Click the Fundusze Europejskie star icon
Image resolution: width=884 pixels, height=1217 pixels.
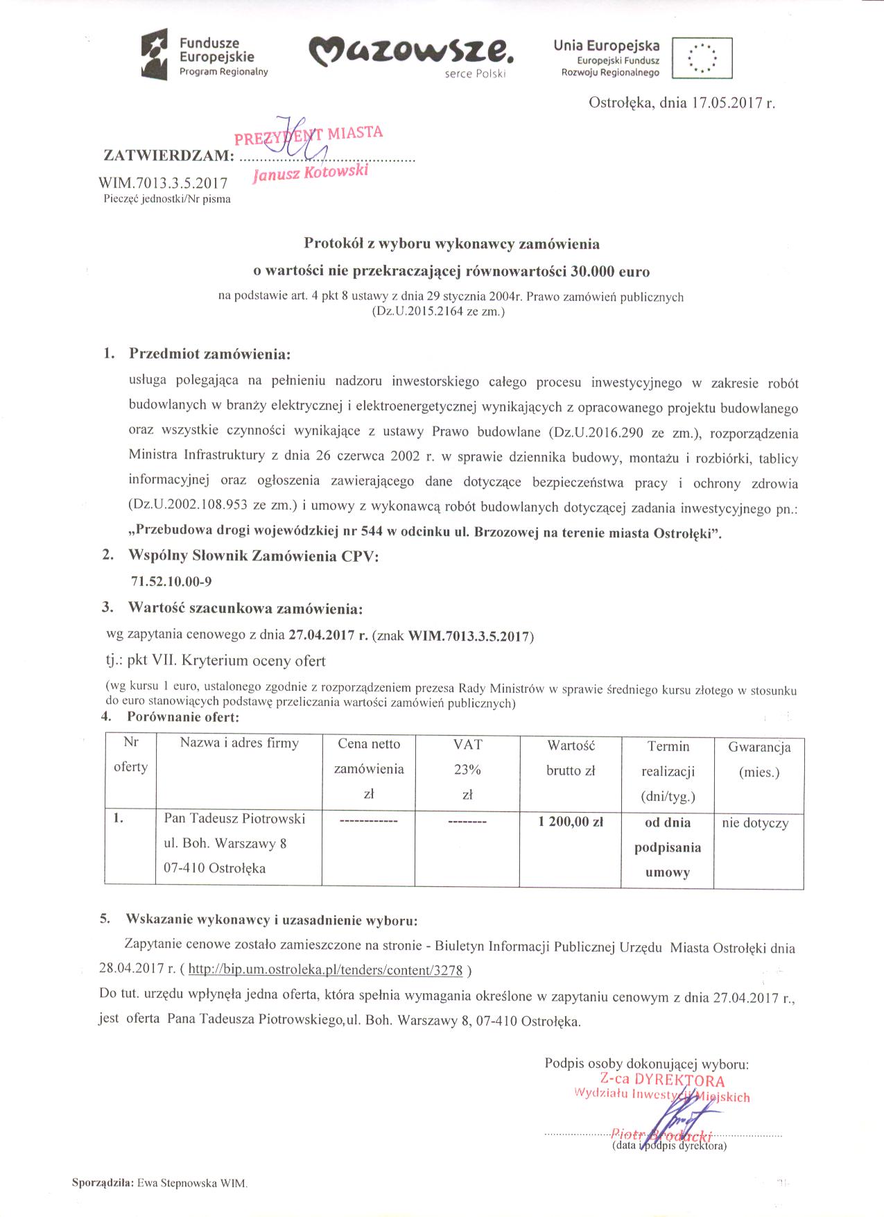[x=155, y=55]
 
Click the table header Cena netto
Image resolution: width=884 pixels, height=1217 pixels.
[x=369, y=744]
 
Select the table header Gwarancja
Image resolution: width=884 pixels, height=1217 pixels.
[x=759, y=747]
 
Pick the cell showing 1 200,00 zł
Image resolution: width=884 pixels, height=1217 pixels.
[x=571, y=821]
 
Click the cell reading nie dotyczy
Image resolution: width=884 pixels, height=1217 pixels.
[x=755, y=823]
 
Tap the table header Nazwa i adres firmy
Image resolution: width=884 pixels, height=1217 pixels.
[x=239, y=743]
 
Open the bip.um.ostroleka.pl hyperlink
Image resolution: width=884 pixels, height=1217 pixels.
[x=325, y=970]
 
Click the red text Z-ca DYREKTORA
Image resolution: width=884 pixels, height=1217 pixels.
[x=663, y=1080]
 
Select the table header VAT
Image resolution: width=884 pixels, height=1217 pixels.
[x=467, y=744]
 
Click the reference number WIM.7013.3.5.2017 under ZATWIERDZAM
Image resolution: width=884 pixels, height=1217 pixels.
[x=164, y=184]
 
